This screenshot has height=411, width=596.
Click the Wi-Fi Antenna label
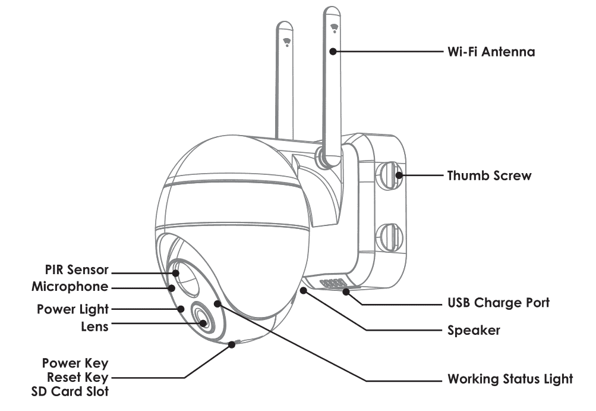tap(491, 52)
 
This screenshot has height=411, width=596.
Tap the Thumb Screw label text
tap(489, 176)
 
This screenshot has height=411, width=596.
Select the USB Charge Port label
tap(498, 303)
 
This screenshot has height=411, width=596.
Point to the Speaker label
tap(474, 330)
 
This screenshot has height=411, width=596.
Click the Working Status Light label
tap(510, 379)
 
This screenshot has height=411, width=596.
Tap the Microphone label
tap(70, 287)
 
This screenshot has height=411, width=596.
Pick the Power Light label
tap(72, 309)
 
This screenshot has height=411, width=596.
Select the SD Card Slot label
tap(70, 391)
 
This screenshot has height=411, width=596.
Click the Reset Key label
tap(78, 377)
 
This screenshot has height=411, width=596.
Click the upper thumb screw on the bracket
tap(389, 174)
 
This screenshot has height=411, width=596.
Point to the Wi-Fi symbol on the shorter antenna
tap(288, 42)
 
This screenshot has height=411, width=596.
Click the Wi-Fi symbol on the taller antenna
tap(334, 27)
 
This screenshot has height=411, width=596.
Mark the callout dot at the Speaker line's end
tap(304, 290)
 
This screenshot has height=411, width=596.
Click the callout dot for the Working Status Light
tap(218, 303)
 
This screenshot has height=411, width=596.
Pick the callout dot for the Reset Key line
tap(231, 344)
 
